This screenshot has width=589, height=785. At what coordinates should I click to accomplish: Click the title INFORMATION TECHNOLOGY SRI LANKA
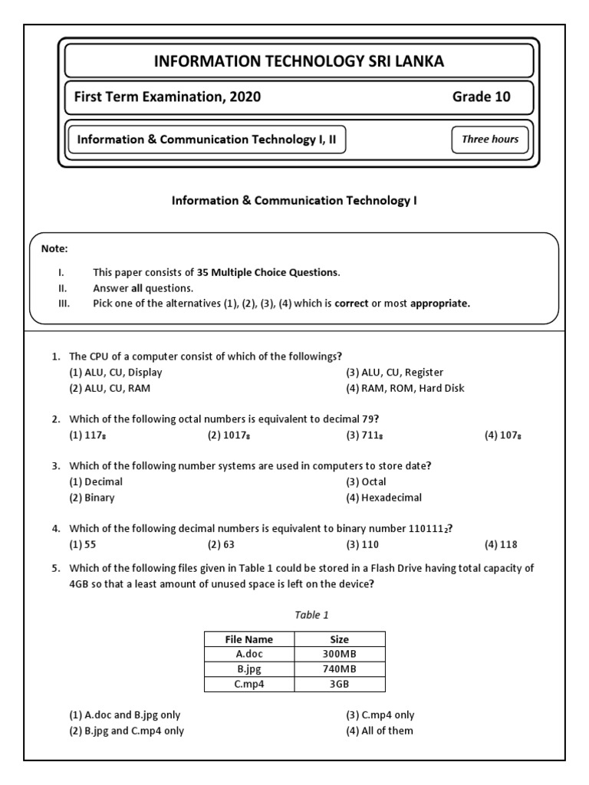[299, 61]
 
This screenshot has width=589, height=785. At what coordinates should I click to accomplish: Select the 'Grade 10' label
[482, 97]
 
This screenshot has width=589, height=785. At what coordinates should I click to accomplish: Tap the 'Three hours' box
[490, 140]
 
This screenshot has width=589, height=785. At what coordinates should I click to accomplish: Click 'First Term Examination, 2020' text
[167, 97]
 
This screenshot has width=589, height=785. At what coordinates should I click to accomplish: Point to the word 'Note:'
[54, 248]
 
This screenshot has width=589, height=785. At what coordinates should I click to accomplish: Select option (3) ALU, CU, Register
[394, 373]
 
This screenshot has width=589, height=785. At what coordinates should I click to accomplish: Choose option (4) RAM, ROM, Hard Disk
[404, 388]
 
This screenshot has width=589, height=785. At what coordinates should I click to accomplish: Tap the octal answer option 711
[366, 435]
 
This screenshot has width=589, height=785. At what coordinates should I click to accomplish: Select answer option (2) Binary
[91, 498]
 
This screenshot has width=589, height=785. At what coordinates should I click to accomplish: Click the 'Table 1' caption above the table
[295, 615]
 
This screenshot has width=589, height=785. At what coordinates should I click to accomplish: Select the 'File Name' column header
[248, 639]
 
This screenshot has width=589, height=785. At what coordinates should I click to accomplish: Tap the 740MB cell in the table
[340, 669]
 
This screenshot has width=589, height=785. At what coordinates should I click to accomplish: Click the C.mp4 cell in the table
[248, 685]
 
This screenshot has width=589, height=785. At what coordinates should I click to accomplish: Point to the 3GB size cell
[340, 685]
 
